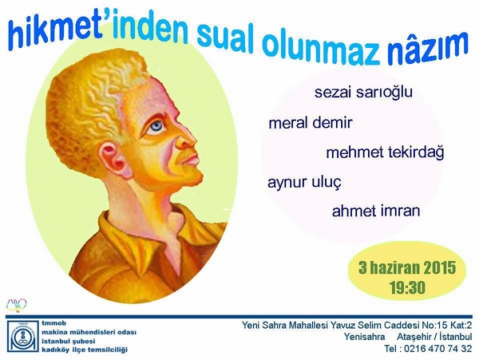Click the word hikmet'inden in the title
[98, 31]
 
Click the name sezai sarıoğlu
[363, 93]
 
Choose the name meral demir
[311, 123]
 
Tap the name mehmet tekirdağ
[385, 152]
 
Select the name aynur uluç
[304, 183]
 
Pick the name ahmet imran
[376, 211]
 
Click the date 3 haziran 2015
[407, 268]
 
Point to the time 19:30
[407, 287]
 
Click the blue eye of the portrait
[156, 125]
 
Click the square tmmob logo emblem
[23, 336]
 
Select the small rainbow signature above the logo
[17, 306]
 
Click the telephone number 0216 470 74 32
[438, 349]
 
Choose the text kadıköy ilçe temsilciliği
[85, 350]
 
